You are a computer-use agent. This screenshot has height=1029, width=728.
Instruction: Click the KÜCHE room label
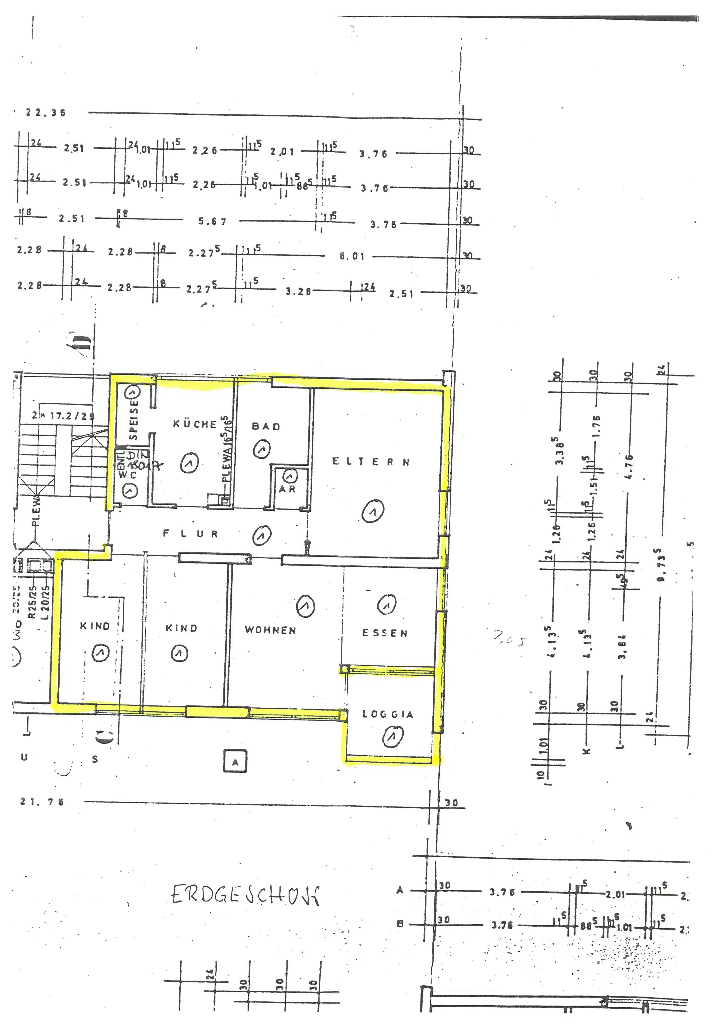[x=195, y=424]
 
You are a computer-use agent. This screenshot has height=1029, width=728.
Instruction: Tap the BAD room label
[x=266, y=426]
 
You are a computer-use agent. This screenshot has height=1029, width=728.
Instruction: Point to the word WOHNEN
[x=270, y=630]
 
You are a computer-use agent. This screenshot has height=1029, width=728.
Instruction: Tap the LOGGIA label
[x=388, y=714]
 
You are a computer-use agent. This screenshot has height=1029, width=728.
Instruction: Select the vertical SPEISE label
[x=133, y=420]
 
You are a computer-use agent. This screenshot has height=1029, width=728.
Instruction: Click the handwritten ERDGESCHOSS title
[x=246, y=896]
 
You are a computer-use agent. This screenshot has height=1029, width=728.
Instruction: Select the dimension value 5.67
[x=213, y=222]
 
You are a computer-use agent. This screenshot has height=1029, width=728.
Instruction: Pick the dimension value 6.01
[x=352, y=256]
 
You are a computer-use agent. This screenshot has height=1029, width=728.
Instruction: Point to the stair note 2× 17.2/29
[x=63, y=415]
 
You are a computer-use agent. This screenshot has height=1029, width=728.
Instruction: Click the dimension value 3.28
[x=298, y=292]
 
